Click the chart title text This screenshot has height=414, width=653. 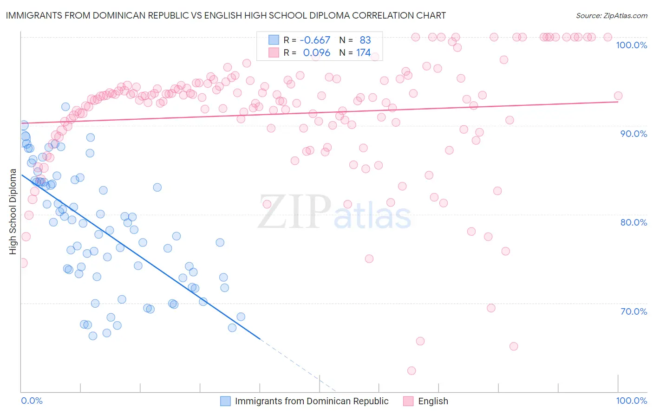tap(226, 15)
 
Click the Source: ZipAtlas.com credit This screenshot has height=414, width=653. tap(611, 15)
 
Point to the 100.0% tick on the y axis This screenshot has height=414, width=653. tap(631, 45)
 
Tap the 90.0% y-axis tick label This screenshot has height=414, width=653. tap(633, 134)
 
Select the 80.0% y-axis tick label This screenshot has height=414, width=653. tap(633, 222)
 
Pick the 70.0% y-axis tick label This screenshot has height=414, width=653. tap(633, 311)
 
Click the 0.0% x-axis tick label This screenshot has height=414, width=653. tap(32, 401)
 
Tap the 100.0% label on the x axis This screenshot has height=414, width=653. tap(631, 401)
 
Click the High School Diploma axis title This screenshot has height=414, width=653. tap(13, 212)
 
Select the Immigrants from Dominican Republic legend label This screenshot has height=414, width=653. tap(312, 401)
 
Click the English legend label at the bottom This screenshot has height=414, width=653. tap(433, 401)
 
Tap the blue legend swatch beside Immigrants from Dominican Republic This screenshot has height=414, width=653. tap(225, 401)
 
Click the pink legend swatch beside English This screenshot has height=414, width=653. tap(408, 401)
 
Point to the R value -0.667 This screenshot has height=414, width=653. tap(315, 40)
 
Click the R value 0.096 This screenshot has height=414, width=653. tap(316, 53)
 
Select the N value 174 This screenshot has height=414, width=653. tap(363, 53)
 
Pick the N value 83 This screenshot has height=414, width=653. tap(365, 40)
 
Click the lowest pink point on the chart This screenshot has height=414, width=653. tap(411, 370)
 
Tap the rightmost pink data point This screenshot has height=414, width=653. tap(618, 96)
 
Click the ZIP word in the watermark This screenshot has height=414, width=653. tap(294, 212)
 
